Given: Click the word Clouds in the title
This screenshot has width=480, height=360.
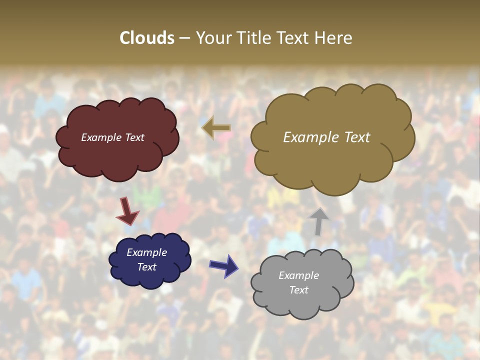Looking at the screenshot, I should tap(147, 38).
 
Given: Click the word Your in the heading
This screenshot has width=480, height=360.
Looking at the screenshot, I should tap(214, 38).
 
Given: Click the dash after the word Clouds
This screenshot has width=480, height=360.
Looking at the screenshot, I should tap(184, 38).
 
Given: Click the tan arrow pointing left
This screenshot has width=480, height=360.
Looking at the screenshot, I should tap(216, 128).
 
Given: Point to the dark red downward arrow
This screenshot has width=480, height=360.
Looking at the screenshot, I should tap(127, 211).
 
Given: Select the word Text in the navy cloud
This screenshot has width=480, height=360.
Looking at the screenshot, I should tap(147, 267).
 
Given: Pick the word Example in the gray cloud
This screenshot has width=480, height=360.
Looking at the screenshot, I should tap(298, 275).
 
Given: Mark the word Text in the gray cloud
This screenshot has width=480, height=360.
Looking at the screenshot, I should tap(298, 290).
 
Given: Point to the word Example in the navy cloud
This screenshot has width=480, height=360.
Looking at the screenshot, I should tap(147, 253).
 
